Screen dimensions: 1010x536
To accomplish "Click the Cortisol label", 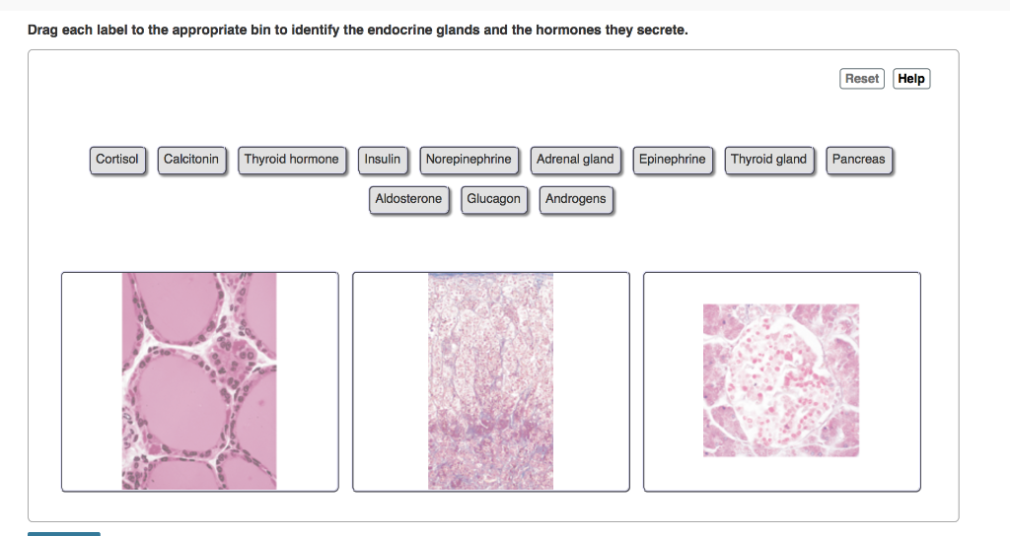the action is [x=117, y=160].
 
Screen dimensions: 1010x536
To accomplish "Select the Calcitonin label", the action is [x=191, y=160].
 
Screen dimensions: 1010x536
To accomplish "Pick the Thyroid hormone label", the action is [x=292, y=160].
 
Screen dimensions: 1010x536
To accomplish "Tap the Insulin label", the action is [x=383, y=160].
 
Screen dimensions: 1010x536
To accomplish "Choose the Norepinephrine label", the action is [x=469, y=160].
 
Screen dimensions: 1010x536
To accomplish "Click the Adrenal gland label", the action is [x=575, y=160].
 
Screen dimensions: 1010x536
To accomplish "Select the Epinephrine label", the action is [x=673, y=160].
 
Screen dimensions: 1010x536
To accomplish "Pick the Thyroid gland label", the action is [x=769, y=160].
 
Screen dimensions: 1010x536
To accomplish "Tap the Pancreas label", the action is [x=859, y=160].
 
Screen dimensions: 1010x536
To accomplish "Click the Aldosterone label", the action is [x=409, y=199].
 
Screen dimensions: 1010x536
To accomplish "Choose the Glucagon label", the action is [x=494, y=199].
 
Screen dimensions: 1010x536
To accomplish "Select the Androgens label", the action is [x=576, y=199].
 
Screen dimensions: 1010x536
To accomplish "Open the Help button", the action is [x=911, y=79].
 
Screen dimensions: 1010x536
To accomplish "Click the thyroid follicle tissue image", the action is [x=199, y=381].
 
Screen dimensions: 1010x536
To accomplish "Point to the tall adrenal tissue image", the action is [x=491, y=381].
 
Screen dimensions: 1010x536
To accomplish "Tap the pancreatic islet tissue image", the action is [x=781, y=380].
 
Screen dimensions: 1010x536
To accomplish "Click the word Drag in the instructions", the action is [x=42, y=31].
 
